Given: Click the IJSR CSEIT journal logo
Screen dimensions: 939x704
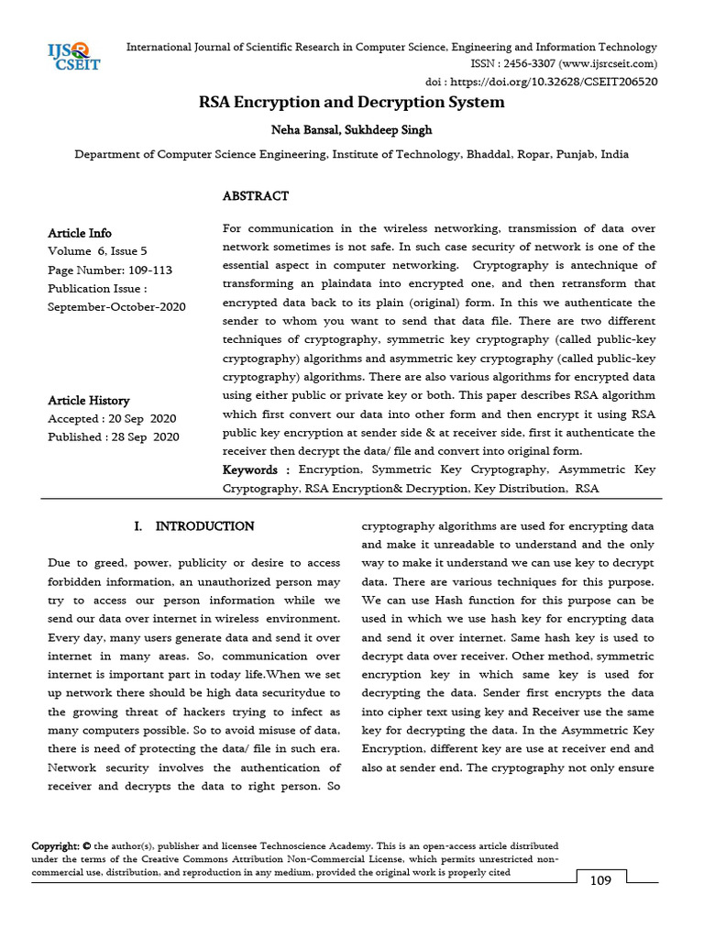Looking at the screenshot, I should point(73,56).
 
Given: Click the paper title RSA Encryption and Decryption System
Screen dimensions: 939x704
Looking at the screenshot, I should point(352,102).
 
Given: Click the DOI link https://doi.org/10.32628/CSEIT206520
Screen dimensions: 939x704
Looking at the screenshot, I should point(560,81).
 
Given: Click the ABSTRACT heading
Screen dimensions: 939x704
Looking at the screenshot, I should point(256,196).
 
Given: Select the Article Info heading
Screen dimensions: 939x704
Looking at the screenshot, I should point(80,233).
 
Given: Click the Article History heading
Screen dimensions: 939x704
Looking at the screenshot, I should point(89,401).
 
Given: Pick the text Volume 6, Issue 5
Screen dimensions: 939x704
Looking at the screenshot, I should point(97,251).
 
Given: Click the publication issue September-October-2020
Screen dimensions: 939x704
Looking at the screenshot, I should point(116,307).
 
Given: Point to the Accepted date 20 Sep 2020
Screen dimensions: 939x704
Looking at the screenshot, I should point(143,418).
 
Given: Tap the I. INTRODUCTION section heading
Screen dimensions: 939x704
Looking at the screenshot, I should point(193,526).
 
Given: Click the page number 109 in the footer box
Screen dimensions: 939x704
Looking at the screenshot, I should point(600,881).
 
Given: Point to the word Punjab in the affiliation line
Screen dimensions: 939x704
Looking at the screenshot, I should point(572,155).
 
